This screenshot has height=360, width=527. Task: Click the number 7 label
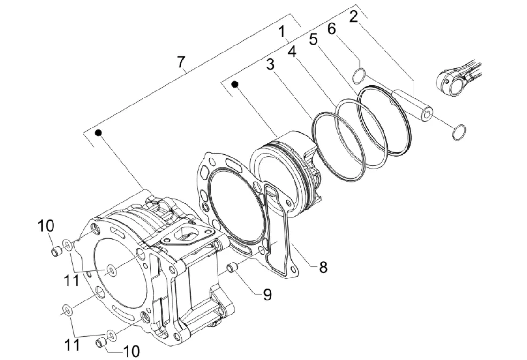coord(181,62)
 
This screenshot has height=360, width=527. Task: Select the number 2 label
coord(353,16)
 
